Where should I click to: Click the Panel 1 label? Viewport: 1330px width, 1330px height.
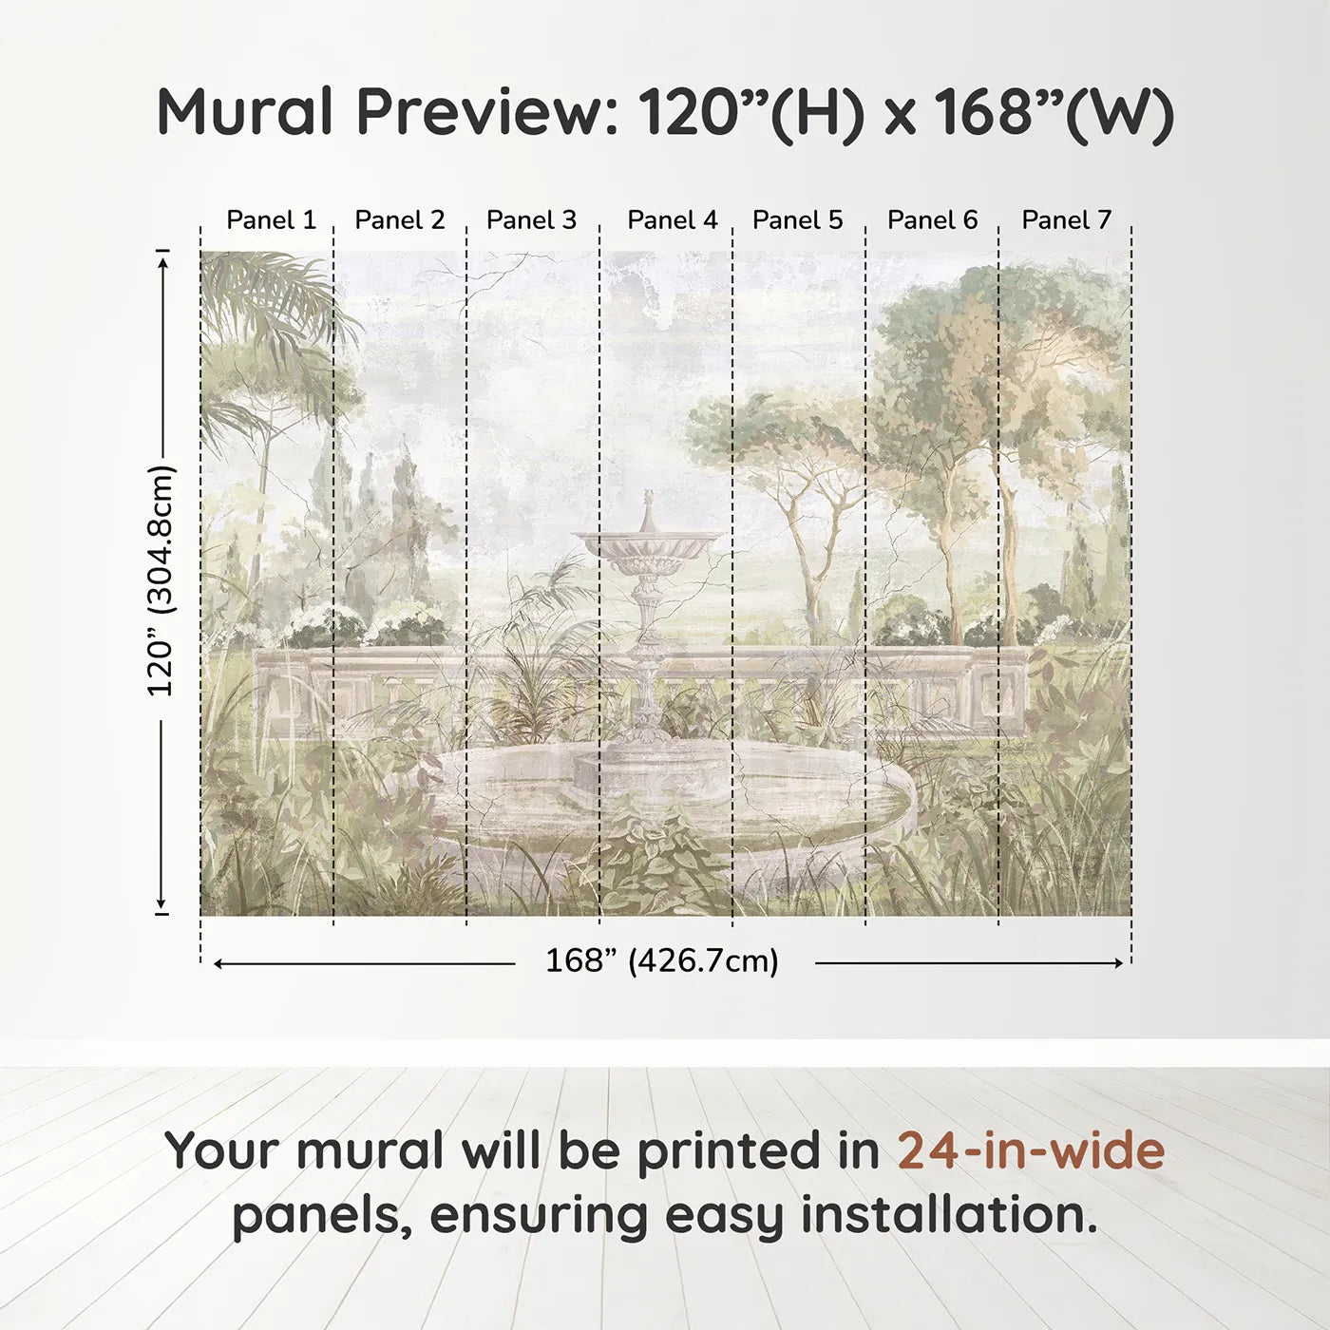click(x=271, y=219)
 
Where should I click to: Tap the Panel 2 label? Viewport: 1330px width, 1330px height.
click(x=399, y=219)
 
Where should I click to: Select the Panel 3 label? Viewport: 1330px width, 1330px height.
click(x=531, y=219)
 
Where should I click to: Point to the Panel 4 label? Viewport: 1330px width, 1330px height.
click(x=672, y=219)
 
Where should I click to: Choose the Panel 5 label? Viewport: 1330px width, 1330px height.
click(x=797, y=219)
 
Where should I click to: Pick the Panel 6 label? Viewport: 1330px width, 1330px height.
click(x=932, y=219)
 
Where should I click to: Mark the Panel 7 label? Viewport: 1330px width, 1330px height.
click(x=1066, y=219)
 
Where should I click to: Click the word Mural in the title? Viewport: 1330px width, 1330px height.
click(x=245, y=112)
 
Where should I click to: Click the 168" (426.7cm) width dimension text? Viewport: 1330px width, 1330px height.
click(x=662, y=961)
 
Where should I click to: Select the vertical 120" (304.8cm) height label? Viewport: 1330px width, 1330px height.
click(x=161, y=580)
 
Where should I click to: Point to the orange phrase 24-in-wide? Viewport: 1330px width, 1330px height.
click(x=1031, y=1150)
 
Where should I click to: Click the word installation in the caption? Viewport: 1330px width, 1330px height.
click(x=947, y=1215)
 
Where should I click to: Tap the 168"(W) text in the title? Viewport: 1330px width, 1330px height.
click(x=1053, y=112)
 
